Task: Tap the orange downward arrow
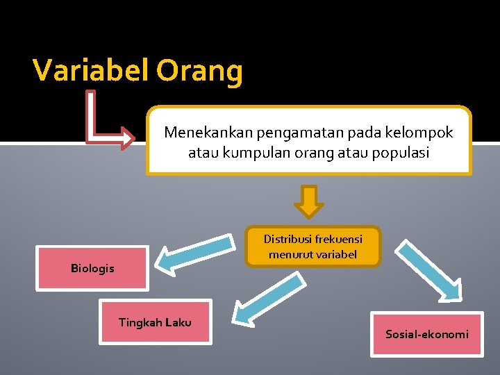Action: tap(309, 201)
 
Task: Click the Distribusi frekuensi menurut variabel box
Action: tap(312, 247)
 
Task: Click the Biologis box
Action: tap(92, 268)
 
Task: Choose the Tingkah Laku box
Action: tap(155, 322)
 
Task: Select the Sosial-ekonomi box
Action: tap(426, 334)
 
